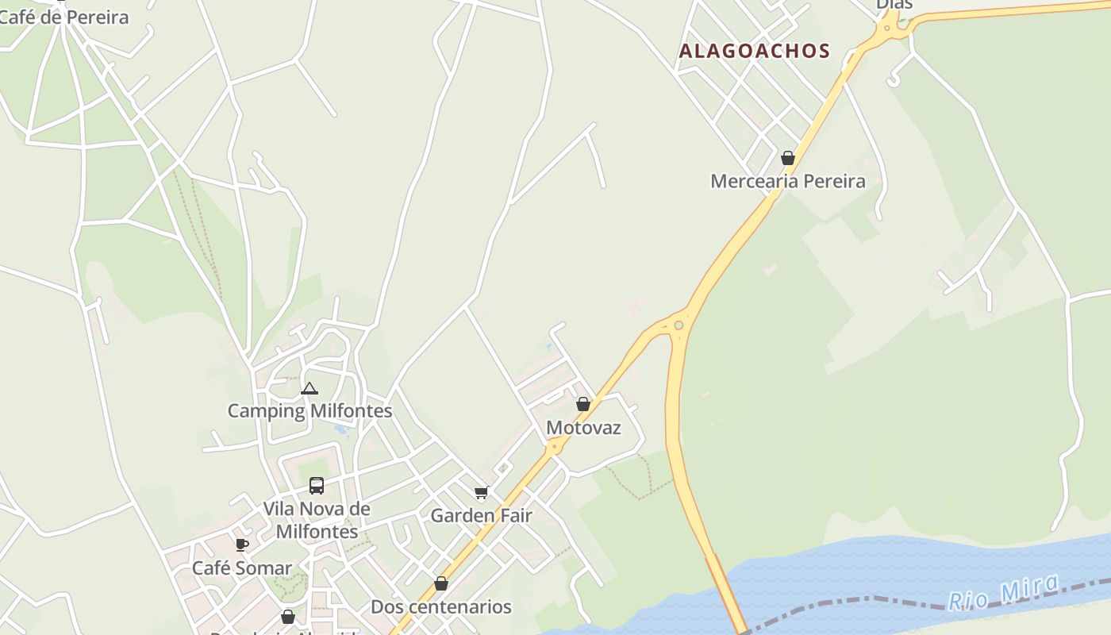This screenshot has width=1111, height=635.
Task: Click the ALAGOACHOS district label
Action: point(754,52)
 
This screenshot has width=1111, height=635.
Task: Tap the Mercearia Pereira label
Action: point(787,181)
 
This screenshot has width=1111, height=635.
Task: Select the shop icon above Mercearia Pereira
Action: point(787,158)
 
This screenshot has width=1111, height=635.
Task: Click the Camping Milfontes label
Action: point(309,411)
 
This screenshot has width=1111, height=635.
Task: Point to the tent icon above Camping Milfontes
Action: point(309,388)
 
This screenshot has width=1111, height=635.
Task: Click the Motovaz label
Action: point(583,428)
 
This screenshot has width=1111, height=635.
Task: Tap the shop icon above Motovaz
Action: point(583,404)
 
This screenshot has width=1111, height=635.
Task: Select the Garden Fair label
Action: point(481,516)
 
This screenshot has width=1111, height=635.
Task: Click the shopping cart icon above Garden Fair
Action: point(481,493)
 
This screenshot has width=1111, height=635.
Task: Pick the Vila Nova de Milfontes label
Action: point(317,520)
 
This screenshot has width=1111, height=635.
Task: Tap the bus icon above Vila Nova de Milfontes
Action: point(316,486)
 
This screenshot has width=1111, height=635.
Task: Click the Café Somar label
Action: point(242,568)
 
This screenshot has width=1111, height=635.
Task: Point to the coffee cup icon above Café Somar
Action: point(242,545)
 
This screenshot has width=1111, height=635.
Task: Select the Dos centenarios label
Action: point(441,607)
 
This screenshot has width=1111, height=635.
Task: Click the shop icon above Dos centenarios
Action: point(441,584)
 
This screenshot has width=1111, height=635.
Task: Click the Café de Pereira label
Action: point(63,17)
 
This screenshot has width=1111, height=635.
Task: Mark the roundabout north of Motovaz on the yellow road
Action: point(679,325)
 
